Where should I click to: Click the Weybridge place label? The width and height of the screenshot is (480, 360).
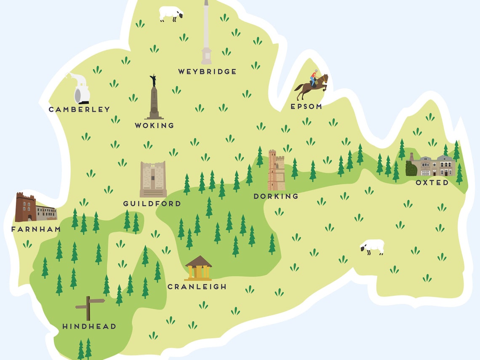(x=207, y=72)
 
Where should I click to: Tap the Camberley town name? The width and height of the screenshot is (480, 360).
(x=79, y=109)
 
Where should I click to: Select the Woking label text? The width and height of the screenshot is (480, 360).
(x=154, y=125)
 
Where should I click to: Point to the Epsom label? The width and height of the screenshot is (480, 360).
(x=306, y=107)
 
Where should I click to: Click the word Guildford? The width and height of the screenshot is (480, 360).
(x=152, y=204)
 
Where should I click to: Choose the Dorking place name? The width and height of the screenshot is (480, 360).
(x=276, y=196)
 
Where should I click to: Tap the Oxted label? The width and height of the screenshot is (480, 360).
(x=432, y=183)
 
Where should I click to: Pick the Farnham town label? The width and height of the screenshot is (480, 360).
(x=36, y=229)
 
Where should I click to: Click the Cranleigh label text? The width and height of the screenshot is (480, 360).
(x=197, y=287)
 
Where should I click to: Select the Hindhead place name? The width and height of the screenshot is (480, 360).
(x=89, y=326)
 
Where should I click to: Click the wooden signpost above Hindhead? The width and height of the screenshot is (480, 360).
(x=89, y=307)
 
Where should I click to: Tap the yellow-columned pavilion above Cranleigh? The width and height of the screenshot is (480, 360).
(x=198, y=269)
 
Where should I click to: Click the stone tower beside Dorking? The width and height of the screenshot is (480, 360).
(x=276, y=171)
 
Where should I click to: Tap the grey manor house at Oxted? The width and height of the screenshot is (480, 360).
(x=432, y=166)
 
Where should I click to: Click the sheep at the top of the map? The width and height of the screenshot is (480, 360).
(x=171, y=13)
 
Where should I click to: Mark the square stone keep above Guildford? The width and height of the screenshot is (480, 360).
(x=153, y=179)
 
